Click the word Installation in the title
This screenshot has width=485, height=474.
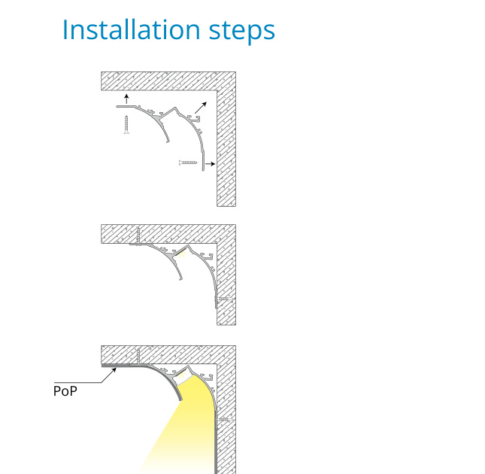(x=132, y=29)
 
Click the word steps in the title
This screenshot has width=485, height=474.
(x=242, y=32)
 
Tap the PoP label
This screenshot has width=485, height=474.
(x=65, y=391)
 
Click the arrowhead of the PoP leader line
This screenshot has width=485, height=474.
(x=114, y=369)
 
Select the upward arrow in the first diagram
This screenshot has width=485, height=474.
(x=126, y=99)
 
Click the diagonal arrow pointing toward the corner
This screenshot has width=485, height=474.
(x=201, y=108)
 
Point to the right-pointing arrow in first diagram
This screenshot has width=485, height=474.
(x=211, y=164)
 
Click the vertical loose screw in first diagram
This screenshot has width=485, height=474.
(x=126, y=124)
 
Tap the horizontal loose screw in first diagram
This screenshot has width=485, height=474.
(x=188, y=163)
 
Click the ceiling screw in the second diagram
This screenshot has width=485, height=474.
(x=138, y=235)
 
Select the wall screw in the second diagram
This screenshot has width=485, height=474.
(x=225, y=299)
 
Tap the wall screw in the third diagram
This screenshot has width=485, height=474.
(x=225, y=420)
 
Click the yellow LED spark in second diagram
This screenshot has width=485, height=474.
(x=183, y=254)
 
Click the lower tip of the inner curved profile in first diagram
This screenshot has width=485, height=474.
(x=168, y=141)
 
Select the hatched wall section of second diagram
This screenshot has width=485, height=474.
(x=226, y=278)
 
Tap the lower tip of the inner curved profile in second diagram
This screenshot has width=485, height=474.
(x=181, y=279)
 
